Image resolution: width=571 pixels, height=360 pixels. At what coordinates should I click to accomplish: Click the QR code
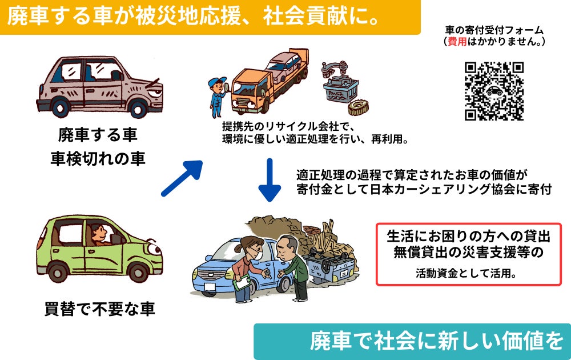[494, 91]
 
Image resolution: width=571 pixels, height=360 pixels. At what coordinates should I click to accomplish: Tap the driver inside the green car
[99, 234]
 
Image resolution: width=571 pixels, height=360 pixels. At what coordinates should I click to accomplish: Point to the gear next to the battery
[358, 107]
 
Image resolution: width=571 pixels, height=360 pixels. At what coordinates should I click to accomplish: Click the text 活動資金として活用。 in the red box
[468, 273]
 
